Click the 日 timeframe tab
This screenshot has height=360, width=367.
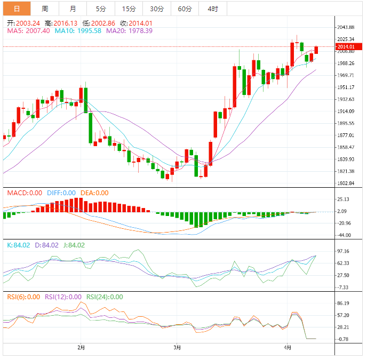tap(17, 9)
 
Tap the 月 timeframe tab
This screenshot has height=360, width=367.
tap(73, 9)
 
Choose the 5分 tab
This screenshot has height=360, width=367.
tap(101, 9)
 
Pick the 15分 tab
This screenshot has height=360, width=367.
tap(129, 9)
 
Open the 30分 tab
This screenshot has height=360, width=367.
tap(157, 9)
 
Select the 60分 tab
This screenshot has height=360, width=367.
tap(185, 9)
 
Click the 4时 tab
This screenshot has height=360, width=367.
tap(212, 9)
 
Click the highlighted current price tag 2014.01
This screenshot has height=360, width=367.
tap(345, 47)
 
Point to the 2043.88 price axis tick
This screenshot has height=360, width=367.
tap(346, 27)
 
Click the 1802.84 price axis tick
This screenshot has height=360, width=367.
tap(346, 183)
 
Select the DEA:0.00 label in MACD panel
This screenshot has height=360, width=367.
tap(94, 193)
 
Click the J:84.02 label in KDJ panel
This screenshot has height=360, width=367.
tap(73, 245)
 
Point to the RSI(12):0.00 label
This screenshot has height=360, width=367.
tap(63, 297)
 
